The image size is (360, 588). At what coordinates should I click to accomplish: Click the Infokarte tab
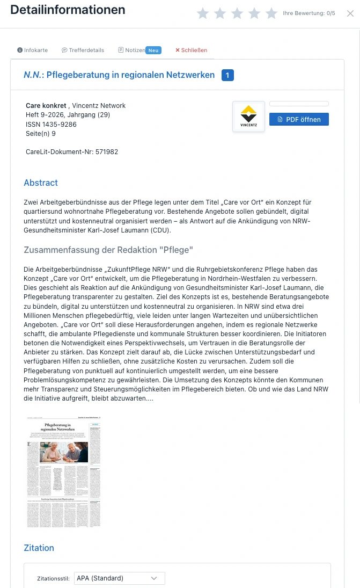point(33,50)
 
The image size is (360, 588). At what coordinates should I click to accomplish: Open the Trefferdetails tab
point(83,50)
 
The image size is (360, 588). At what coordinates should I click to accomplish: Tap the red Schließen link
point(191,50)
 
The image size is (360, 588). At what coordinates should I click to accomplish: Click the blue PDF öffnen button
point(299,119)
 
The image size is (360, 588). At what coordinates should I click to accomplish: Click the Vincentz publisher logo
point(248,117)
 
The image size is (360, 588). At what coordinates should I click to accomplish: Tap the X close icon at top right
point(350,13)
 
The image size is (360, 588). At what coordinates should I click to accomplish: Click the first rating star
point(203,13)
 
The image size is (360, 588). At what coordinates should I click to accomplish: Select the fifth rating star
point(271,13)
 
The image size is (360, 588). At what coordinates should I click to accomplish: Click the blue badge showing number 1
point(227,75)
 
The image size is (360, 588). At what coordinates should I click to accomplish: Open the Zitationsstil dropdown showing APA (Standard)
point(119,578)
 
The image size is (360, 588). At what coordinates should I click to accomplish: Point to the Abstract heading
point(41,183)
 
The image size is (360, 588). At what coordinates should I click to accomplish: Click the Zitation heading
point(39,548)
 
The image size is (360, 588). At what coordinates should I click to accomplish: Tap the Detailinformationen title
point(68,10)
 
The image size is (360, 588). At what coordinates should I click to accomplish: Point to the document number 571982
point(106,152)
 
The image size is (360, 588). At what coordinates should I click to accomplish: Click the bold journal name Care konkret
point(46,105)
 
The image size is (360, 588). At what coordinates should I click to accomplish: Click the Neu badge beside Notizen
point(153,50)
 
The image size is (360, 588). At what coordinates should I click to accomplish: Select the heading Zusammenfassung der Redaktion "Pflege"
point(108,250)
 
